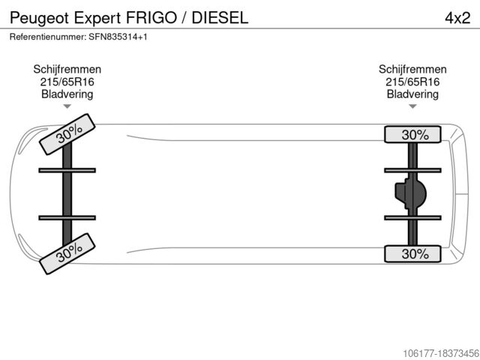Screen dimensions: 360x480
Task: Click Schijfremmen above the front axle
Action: (67, 69)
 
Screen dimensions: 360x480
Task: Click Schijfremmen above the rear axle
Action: (412, 69)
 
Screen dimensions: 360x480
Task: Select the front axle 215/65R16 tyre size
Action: (67, 82)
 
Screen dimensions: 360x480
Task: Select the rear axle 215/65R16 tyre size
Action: (412, 82)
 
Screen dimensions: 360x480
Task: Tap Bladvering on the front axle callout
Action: (67, 94)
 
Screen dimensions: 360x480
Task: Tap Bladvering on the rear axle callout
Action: (412, 94)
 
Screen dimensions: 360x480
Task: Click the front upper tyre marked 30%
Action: (68, 133)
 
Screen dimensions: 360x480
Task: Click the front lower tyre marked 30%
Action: (68, 253)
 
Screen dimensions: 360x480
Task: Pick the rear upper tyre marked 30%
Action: (414, 134)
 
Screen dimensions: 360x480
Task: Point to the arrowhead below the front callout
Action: (67, 106)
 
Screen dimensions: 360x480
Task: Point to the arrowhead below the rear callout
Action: (412, 106)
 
